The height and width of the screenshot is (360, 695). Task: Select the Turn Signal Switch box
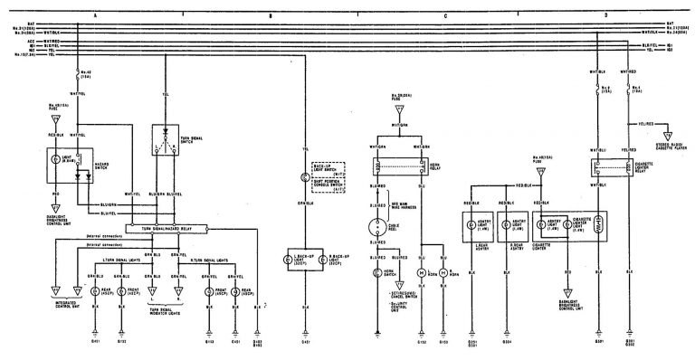(x=167, y=139)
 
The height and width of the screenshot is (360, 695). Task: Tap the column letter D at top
(x=605, y=15)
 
